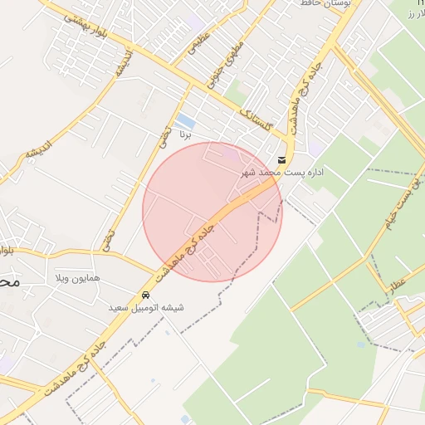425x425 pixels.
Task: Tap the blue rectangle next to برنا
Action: [x=186, y=121]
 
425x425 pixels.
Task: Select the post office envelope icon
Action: [x=282, y=159]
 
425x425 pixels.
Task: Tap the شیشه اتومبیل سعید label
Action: [x=146, y=308]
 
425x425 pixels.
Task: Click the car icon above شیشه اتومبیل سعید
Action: [x=146, y=296]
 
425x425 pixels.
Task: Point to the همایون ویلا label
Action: [x=77, y=276]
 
